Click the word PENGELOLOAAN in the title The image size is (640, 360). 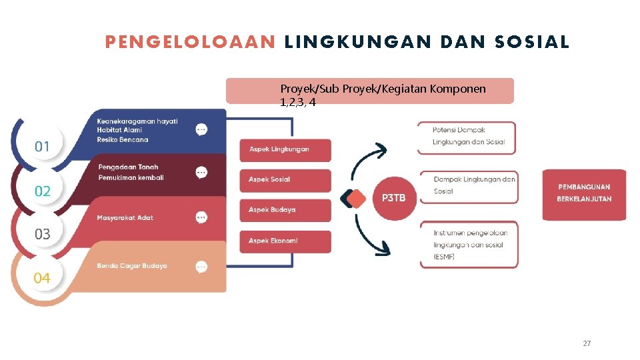[190, 43]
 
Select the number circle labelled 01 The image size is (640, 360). [42, 146]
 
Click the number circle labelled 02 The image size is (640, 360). [42, 191]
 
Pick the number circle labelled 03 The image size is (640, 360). [42, 234]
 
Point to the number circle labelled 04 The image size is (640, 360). [42, 277]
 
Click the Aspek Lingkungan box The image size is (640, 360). [285, 149]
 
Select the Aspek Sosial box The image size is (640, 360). [285, 180]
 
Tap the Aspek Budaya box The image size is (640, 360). [285, 210]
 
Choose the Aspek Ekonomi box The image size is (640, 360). [285, 241]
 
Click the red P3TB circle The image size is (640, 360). [393, 198]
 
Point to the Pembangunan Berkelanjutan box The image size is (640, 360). [584, 193]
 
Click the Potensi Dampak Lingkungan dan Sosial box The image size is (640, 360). [467, 137]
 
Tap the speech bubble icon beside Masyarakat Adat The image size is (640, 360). [201, 217]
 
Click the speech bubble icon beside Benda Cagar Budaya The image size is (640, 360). [201, 267]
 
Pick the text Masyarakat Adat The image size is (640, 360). [125, 218]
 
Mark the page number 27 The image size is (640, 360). [587, 343]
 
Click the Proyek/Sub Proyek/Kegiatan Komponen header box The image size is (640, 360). [370, 91]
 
